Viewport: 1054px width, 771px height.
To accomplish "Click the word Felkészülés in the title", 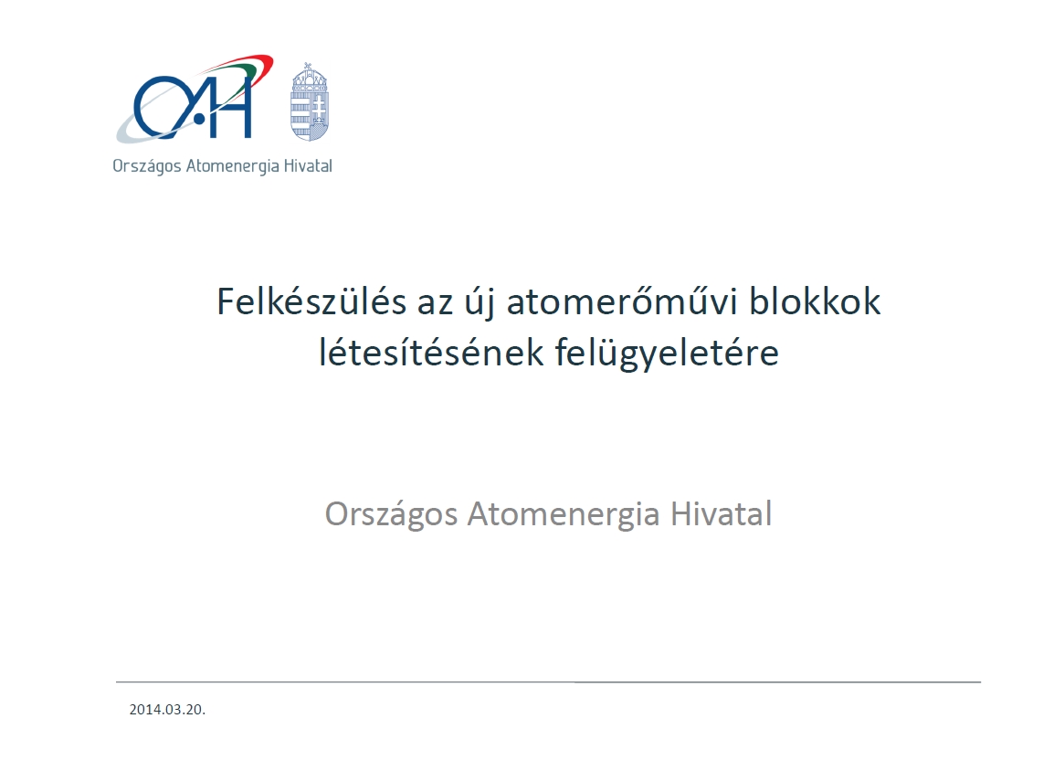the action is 311,301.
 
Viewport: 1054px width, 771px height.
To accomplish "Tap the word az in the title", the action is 435,304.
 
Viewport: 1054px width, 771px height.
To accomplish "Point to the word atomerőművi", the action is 621,301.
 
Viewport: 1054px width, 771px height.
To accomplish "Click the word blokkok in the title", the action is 814,301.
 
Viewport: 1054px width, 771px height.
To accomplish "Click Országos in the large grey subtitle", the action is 391,515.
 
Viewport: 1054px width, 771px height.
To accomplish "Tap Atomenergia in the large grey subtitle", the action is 564,515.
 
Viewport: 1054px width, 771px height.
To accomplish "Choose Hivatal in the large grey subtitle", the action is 722,513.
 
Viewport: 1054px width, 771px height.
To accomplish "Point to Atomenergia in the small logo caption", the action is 232,166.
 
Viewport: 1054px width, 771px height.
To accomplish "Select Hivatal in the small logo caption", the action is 308,165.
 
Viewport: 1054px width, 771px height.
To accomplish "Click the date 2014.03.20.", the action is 167,710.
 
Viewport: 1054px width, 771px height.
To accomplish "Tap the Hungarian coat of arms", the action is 310,102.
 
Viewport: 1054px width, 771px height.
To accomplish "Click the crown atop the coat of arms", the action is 310,75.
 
